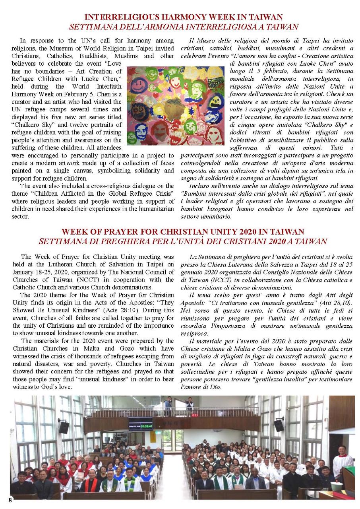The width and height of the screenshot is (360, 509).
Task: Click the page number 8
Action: pos(10,500)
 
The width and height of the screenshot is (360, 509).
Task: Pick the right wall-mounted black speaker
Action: pos(279,425)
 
